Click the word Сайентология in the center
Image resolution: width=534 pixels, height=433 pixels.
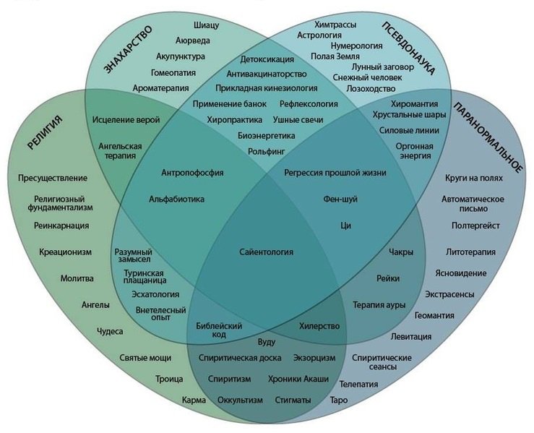point(266,252)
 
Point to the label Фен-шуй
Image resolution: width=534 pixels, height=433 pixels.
point(339,198)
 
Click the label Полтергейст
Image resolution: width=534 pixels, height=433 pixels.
point(474,226)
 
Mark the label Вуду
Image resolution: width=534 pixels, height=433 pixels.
point(266,340)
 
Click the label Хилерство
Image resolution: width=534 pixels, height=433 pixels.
point(319,326)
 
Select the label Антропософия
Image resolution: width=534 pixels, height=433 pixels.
point(191,173)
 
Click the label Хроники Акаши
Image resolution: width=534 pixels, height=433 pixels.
point(298,379)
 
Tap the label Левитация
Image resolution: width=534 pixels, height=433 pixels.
point(411,336)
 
